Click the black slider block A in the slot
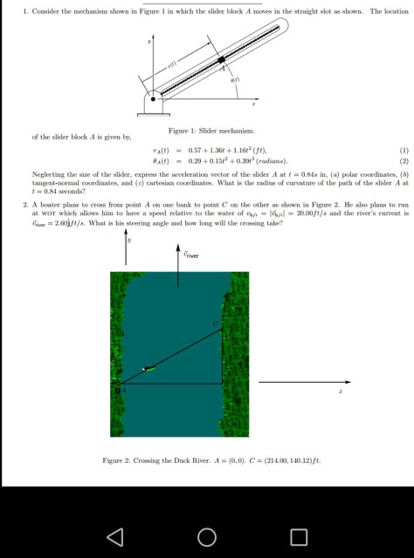point(222,59)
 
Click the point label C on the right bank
point(218,324)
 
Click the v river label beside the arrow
point(191,255)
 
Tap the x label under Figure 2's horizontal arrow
point(341,392)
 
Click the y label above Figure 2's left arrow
point(132,241)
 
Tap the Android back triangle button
point(114,535)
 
